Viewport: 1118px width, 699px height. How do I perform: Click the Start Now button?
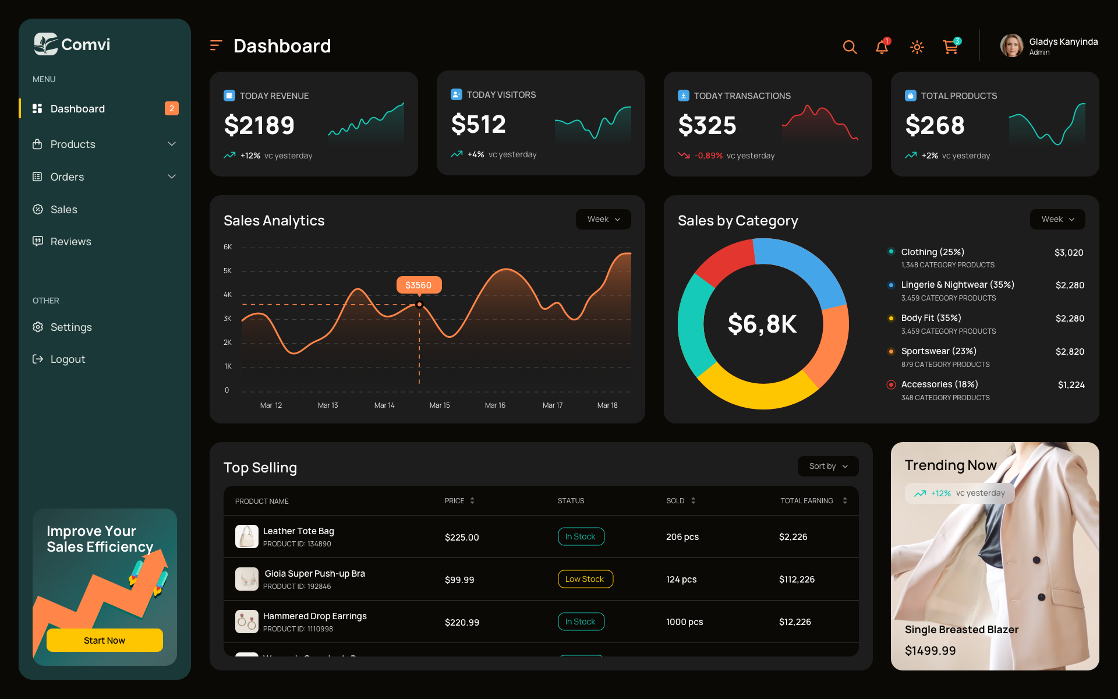pyautogui.click(x=104, y=640)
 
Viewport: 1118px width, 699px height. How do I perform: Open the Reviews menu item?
pyautogui.click(x=70, y=242)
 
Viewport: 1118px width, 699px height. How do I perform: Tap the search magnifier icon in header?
pyautogui.click(x=850, y=47)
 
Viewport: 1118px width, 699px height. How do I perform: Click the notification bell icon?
pyautogui.click(x=882, y=47)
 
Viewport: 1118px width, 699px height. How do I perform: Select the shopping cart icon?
pyautogui.click(x=950, y=47)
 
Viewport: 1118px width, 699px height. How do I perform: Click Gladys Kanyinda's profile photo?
pyautogui.click(x=1011, y=45)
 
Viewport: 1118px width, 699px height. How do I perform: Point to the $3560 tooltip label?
pyautogui.click(x=419, y=285)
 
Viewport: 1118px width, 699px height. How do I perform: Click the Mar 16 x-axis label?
pyautogui.click(x=495, y=405)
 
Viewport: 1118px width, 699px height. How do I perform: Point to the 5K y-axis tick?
pyautogui.click(x=228, y=271)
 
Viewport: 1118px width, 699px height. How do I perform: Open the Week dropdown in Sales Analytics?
pyautogui.click(x=603, y=219)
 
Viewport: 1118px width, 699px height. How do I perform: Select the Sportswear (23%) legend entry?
pyautogui.click(x=938, y=351)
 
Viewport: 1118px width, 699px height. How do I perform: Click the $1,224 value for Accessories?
pyautogui.click(x=1071, y=385)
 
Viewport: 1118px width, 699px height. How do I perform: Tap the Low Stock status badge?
pyautogui.click(x=585, y=579)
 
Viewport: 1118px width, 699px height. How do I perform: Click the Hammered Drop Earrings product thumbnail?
pyautogui.click(x=247, y=622)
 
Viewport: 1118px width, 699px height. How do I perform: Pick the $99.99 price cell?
pyautogui.click(x=459, y=580)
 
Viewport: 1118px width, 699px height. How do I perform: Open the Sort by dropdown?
pyautogui.click(x=827, y=466)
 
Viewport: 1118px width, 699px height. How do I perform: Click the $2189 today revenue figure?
pyautogui.click(x=260, y=125)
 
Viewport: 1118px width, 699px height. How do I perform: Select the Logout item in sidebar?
pyautogui.click(x=68, y=359)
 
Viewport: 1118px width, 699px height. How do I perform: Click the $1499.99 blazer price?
pyautogui.click(x=930, y=651)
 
